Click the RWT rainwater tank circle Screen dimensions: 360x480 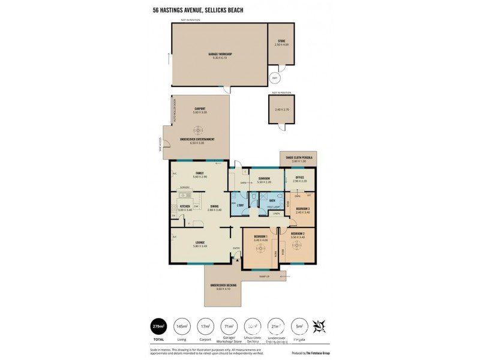coord(275,78)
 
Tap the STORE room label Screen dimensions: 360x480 coord(281,41)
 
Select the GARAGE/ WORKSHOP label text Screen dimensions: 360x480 coord(220,54)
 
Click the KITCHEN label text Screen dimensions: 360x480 coord(185,206)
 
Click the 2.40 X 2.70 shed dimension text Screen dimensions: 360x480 coord(281,109)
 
